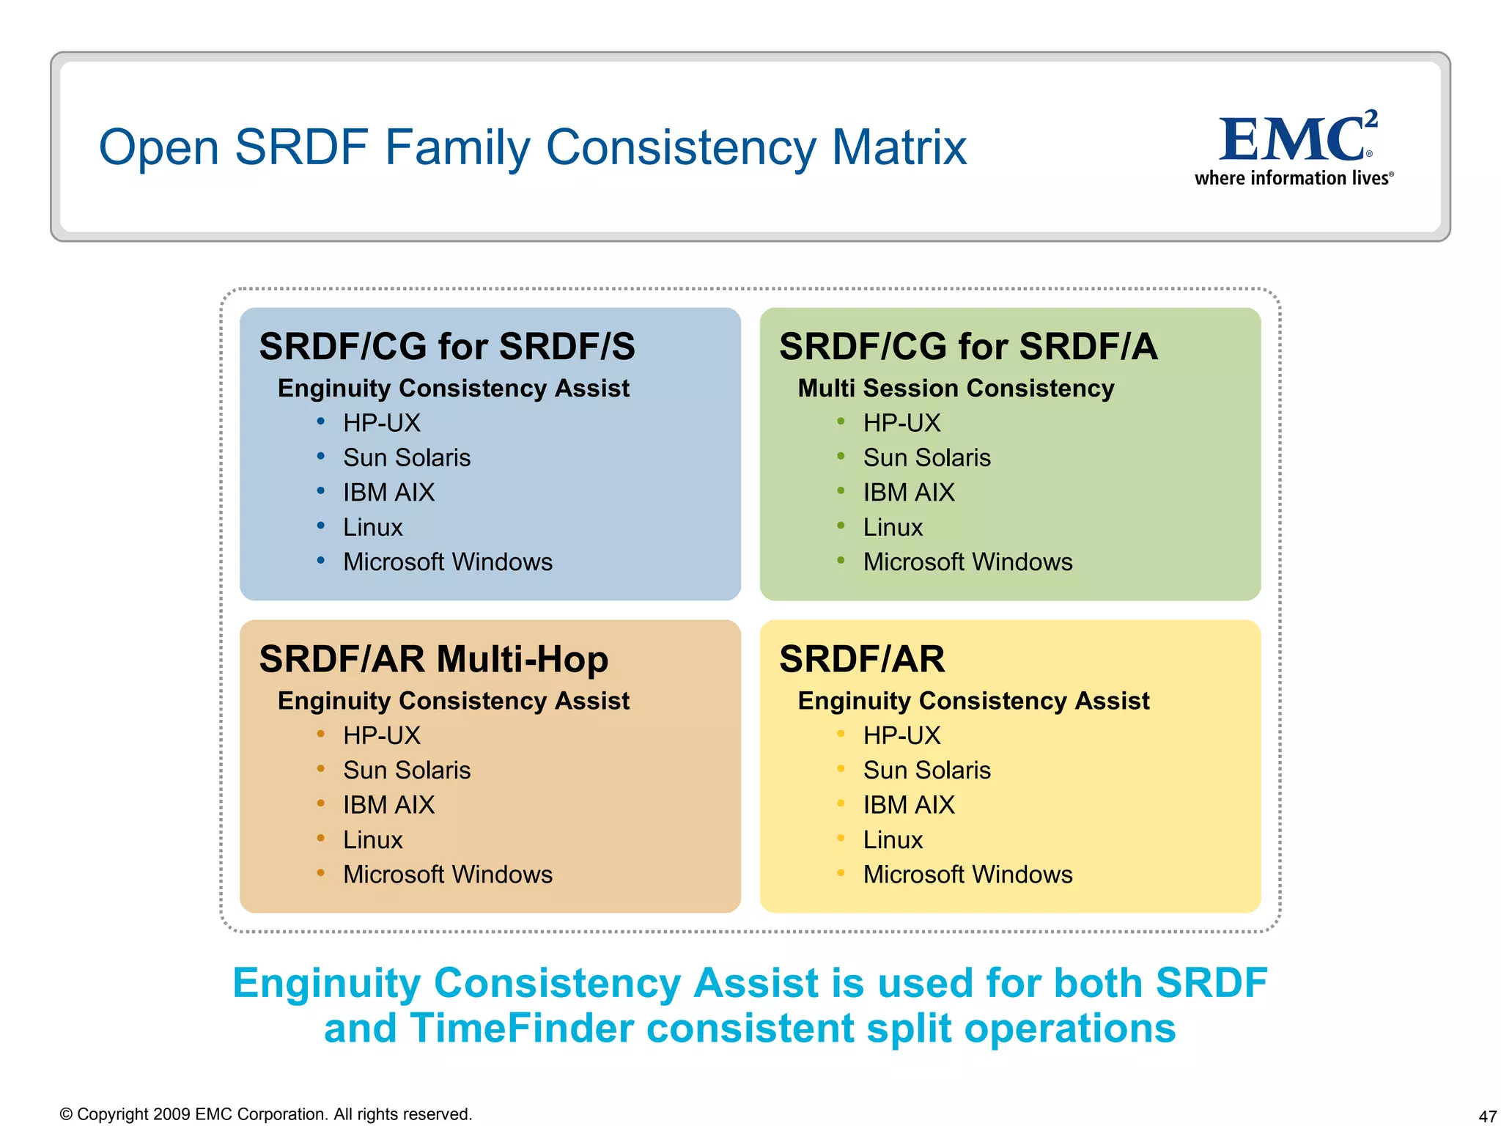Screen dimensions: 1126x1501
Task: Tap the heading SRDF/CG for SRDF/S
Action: coord(447,346)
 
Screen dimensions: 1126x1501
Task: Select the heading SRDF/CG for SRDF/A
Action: coord(968,346)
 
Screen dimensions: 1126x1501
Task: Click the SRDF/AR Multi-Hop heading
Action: coord(433,658)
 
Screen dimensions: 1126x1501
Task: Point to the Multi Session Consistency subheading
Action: coord(956,388)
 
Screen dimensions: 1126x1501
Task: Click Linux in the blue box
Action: coord(372,527)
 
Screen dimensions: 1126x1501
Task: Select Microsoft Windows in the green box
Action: coord(967,562)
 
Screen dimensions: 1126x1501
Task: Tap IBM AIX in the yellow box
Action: coord(909,805)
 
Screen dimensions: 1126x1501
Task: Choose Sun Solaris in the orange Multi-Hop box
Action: coord(407,770)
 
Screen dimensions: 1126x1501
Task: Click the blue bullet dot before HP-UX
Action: coord(320,421)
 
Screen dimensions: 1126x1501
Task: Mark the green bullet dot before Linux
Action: coord(841,525)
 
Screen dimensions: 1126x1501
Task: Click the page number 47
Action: coord(1487,1116)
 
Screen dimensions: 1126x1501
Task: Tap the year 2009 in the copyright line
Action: coord(172,1114)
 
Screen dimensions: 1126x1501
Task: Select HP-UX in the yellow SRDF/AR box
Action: coord(901,735)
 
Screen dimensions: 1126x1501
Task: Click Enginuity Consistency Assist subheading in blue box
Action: coord(453,388)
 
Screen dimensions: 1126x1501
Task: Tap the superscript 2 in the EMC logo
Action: coord(1371,118)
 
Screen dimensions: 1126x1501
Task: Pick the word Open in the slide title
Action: coord(159,147)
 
